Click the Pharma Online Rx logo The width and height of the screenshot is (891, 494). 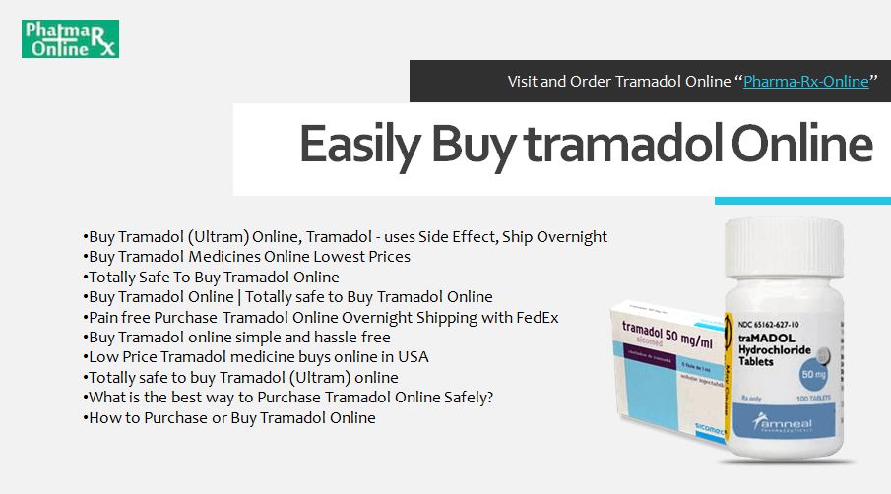70,38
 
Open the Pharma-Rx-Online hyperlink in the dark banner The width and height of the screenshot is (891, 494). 805,81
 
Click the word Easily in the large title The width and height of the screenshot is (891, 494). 358,144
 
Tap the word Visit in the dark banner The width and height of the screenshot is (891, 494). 525,81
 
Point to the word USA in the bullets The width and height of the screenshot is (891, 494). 414,356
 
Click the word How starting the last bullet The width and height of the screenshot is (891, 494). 102,417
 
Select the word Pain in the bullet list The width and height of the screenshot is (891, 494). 103,317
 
